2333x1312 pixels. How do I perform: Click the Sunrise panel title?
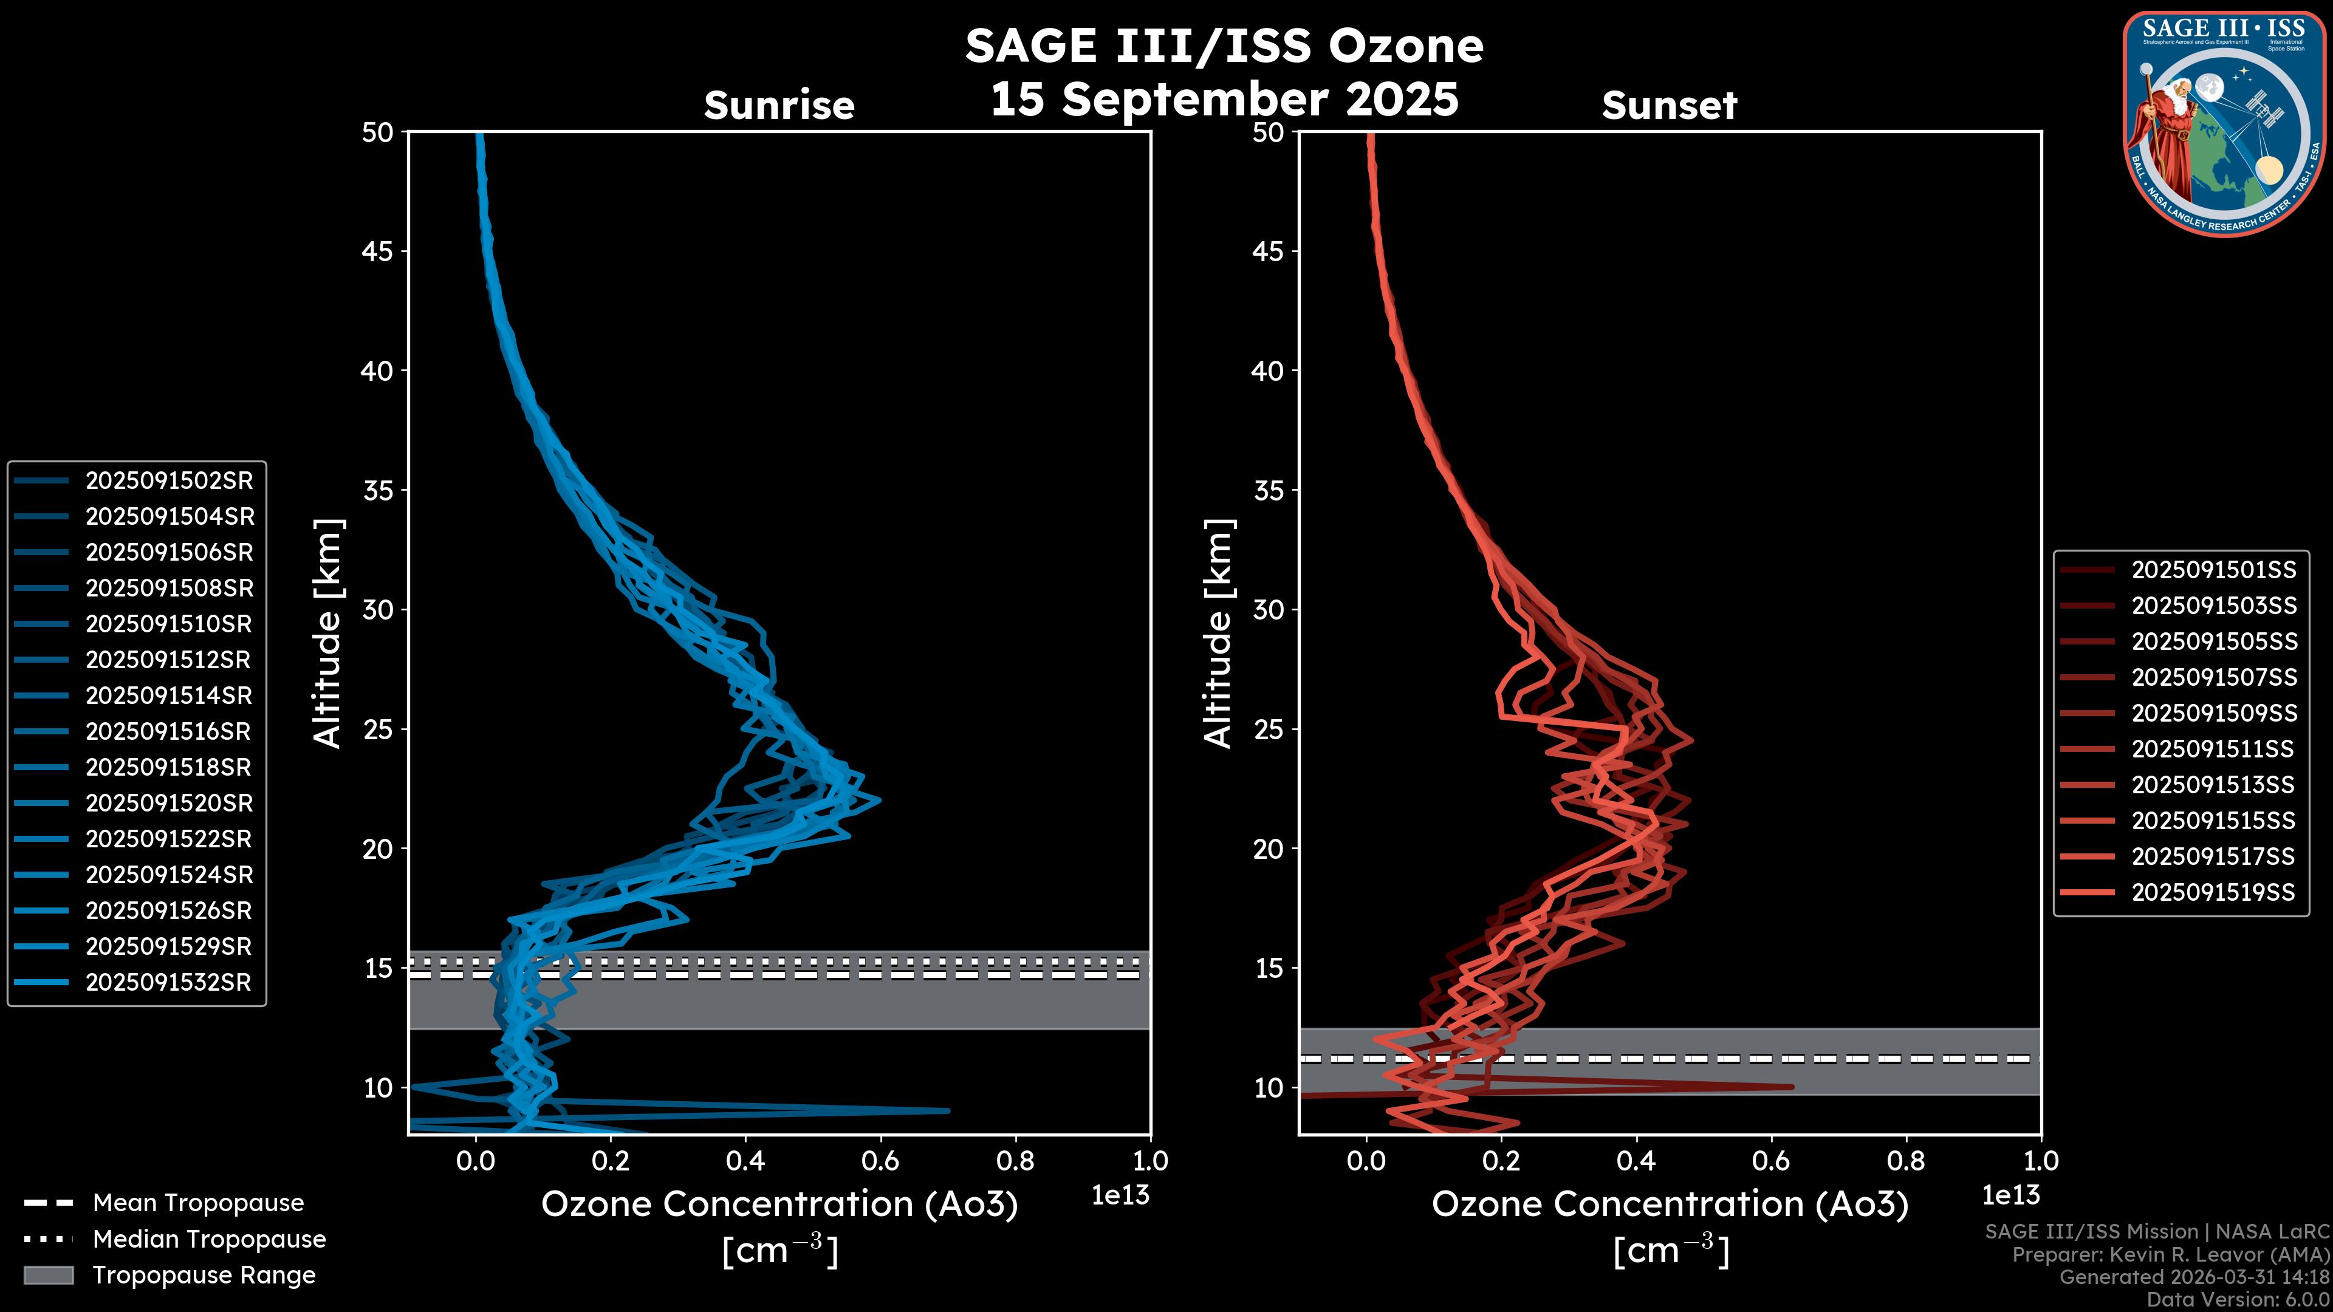coord(779,106)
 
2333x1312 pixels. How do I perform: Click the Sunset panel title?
coord(1669,106)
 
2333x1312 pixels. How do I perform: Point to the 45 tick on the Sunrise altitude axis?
coord(378,251)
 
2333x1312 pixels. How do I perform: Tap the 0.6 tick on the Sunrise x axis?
coord(880,1161)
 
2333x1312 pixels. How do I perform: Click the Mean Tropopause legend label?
coord(198,1203)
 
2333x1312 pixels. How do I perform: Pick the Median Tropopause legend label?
coord(209,1240)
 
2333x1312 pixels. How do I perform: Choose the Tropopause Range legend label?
coord(204,1276)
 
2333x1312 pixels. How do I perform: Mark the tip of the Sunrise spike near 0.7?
coord(948,1111)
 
